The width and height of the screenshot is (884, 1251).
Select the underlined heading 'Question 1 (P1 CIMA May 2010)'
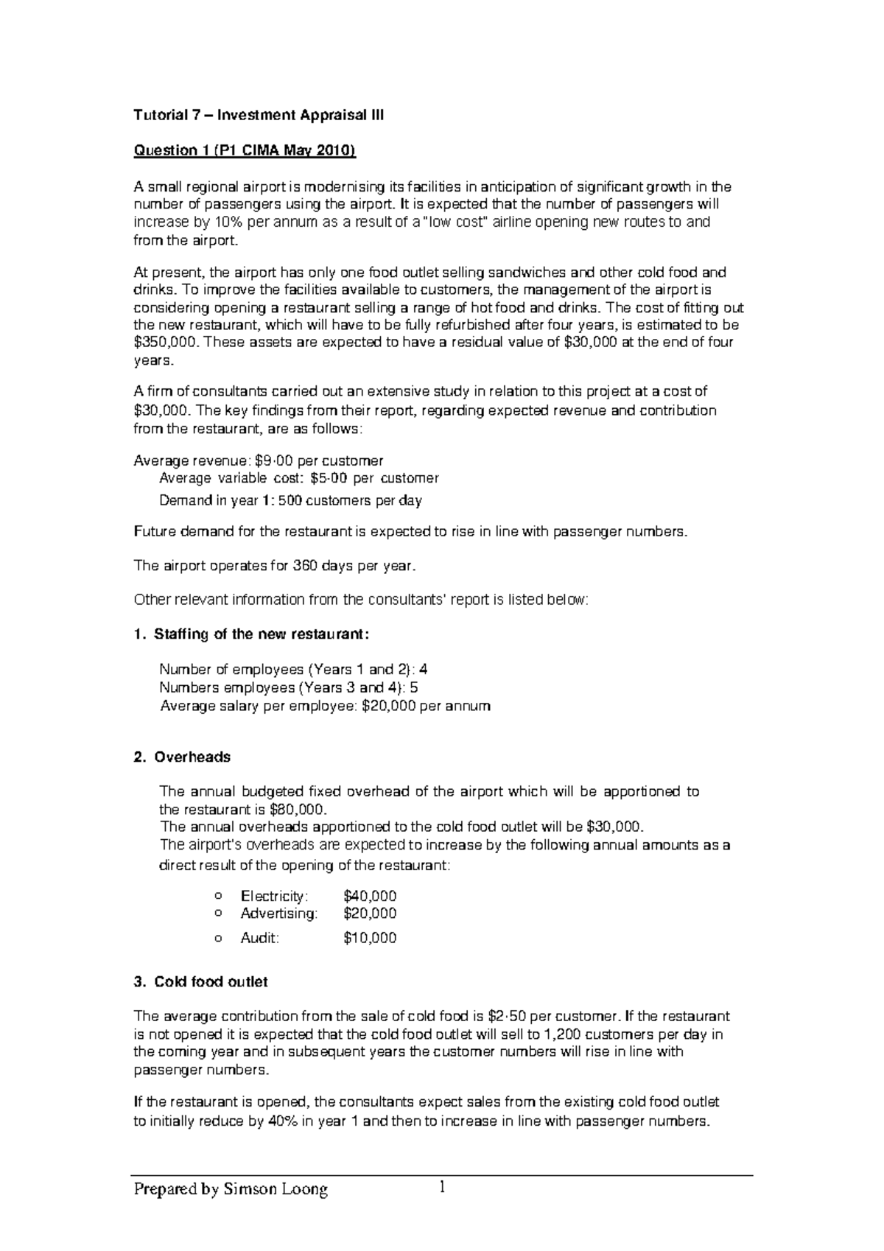(244, 151)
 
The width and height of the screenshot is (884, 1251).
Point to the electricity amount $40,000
(370, 896)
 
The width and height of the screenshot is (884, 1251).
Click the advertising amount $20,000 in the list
(370, 914)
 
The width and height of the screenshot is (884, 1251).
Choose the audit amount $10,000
(370, 938)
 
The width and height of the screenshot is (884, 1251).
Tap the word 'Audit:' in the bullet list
(260, 938)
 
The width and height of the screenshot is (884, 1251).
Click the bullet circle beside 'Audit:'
(217, 939)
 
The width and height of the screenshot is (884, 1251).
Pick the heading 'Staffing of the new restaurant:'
(262, 634)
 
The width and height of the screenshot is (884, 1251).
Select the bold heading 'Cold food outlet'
(211, 982)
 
